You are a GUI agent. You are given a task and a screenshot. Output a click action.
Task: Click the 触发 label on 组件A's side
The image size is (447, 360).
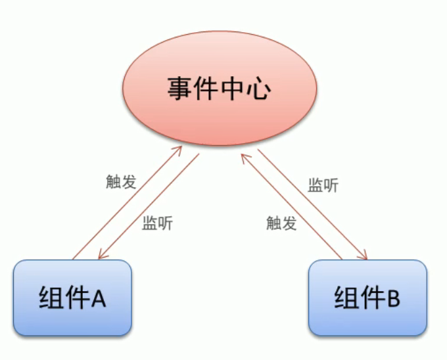tap(120, 182)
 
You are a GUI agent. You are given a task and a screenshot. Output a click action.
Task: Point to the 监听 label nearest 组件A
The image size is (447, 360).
tap(158, 223)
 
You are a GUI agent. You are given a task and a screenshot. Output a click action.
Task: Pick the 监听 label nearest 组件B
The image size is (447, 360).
tap(323, 185)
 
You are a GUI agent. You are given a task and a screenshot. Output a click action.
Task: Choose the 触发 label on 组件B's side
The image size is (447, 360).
tap(282, 223)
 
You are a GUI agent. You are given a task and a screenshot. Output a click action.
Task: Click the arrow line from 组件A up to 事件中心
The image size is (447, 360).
tap(125, 204)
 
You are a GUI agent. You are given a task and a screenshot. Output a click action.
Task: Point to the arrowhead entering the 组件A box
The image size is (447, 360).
tap(100, 258)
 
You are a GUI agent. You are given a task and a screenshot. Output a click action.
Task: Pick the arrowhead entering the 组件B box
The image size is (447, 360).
tap(364, 258)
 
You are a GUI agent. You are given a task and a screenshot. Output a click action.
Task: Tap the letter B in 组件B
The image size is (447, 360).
tap(393, 299)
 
